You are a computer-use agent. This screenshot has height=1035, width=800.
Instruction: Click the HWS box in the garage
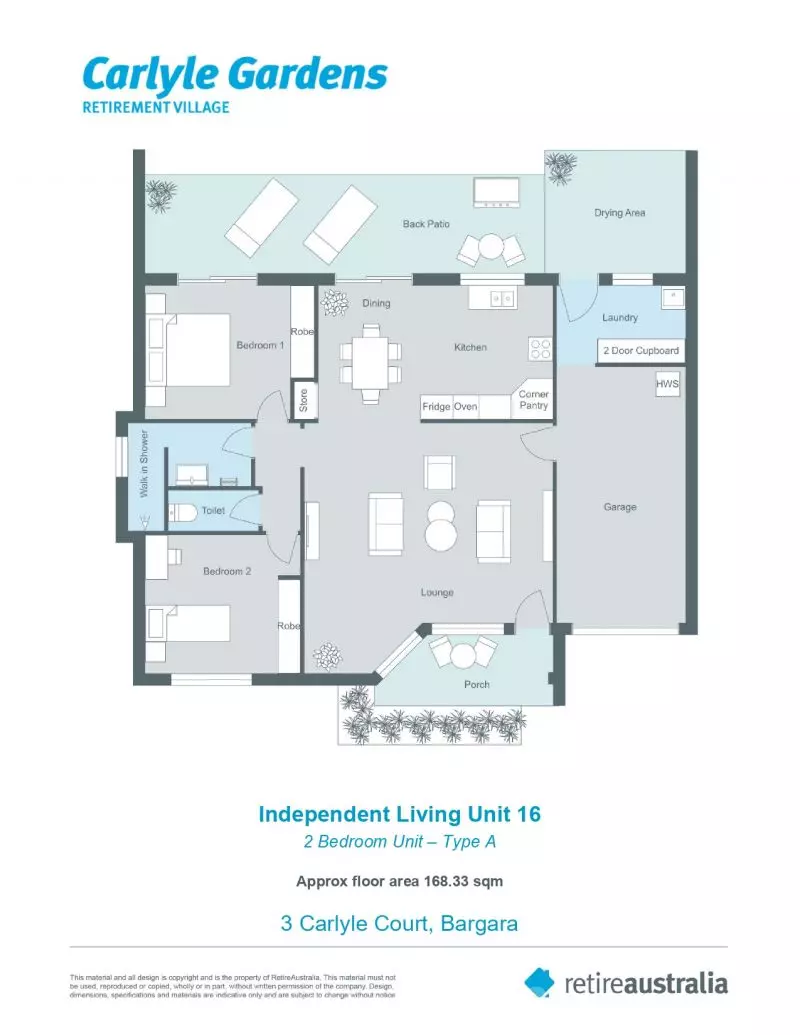click(x=667, y=384)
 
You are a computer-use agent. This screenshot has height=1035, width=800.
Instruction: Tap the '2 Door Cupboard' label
click(x=641, y=351)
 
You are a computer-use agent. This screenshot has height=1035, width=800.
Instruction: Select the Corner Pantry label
click(x=533, y=399)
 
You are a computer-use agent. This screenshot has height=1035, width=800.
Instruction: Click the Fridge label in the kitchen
click(x=436, y=407)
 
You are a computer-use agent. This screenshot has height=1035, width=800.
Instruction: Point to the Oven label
click(x=465, y=407)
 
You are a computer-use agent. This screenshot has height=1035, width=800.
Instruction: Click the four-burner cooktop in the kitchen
click(x=540, y=349)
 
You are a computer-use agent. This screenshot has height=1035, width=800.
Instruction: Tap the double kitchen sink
click(x=502, y=299)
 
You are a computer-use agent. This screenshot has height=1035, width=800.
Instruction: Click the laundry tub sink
click(x=673, y=297)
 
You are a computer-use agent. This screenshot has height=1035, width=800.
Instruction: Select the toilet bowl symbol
click(x=183, y=512)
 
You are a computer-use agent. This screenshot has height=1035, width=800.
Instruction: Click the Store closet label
click(x=304, y=400)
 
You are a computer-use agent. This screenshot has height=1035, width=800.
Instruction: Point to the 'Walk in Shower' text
click(x=144, y=463)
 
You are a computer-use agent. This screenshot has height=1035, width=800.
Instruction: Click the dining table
click(x=370, y=362)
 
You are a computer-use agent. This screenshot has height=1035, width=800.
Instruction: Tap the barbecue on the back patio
click(x=496, y=192)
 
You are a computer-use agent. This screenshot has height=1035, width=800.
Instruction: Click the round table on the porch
click(x=463, y=657)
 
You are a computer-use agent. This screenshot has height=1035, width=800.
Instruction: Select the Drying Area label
click(x=619, y=213)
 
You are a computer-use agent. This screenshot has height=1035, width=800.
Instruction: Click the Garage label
click(x=620, y=507)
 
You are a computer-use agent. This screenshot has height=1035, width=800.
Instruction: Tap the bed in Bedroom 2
click(x=188, y=624)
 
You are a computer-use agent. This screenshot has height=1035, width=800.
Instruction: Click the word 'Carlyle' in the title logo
click(x=144, y=76)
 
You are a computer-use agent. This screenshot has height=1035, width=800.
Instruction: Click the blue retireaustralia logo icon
click(x=540, y=982)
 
